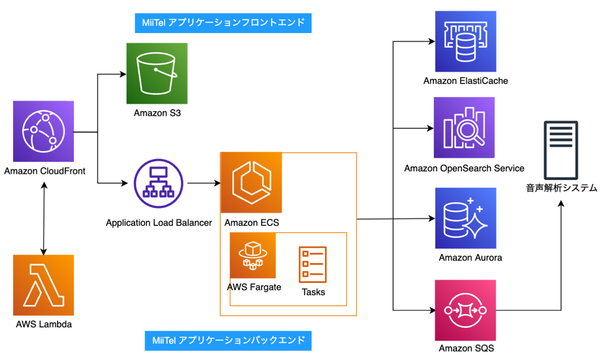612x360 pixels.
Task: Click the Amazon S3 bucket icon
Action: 157,73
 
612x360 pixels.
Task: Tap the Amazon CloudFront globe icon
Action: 43,131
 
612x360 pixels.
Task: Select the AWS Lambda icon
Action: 43,285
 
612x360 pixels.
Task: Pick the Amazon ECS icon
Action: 251,183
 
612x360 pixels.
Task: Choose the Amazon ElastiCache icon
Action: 466,42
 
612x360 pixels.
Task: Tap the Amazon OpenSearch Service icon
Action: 464,127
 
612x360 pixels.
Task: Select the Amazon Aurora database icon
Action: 466,218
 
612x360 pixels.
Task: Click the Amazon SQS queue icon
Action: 466,310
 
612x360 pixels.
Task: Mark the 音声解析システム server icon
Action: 561,149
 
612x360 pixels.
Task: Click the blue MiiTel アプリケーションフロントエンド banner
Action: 223,22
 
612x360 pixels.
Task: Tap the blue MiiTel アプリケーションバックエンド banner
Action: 228,340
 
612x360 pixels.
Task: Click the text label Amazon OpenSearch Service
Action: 464,168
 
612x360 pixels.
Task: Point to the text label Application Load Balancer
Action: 159,223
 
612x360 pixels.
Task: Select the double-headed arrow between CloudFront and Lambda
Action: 44,217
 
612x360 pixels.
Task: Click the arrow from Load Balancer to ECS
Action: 203,183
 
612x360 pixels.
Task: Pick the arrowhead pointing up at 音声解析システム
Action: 562,203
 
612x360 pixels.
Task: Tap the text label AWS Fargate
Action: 254,287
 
